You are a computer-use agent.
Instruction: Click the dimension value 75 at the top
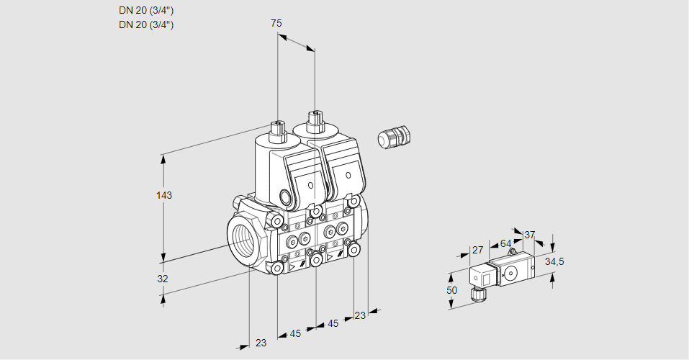tap(276, 24)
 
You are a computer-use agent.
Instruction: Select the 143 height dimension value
tap(164, 195)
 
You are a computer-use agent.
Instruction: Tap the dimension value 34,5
tap(554, 261)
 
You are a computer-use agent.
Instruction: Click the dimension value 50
tap(451, 290)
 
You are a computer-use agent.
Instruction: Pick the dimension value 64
tap(505, 243)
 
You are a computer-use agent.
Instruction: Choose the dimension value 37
tap(530, 235)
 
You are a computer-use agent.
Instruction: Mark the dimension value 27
tap(477, 251)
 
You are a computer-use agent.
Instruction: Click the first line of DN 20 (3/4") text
tap(146, 10)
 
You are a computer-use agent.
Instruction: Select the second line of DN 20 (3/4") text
tap(146, 24)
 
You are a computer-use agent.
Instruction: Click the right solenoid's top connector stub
tap(315, 119)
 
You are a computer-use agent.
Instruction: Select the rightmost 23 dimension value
tap(360, 315)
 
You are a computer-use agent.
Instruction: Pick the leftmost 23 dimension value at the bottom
tap(261, 343)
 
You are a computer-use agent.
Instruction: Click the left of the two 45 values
tap(295, 333)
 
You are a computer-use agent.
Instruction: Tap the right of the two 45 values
tap(333, 324)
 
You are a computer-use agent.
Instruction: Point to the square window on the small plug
tap(485, 277)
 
